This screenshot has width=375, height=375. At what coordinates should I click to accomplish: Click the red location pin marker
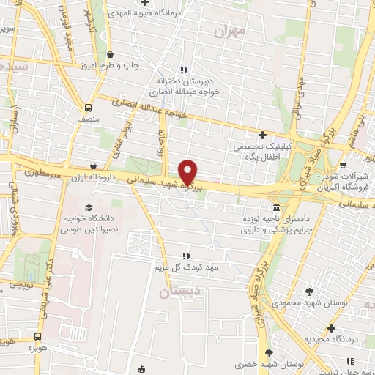point(188,171)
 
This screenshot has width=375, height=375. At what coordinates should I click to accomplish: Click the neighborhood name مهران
point(229,32)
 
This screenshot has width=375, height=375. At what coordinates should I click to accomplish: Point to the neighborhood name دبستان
point(179,292)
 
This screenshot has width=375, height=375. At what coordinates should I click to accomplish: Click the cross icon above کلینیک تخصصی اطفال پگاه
point(262,134)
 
